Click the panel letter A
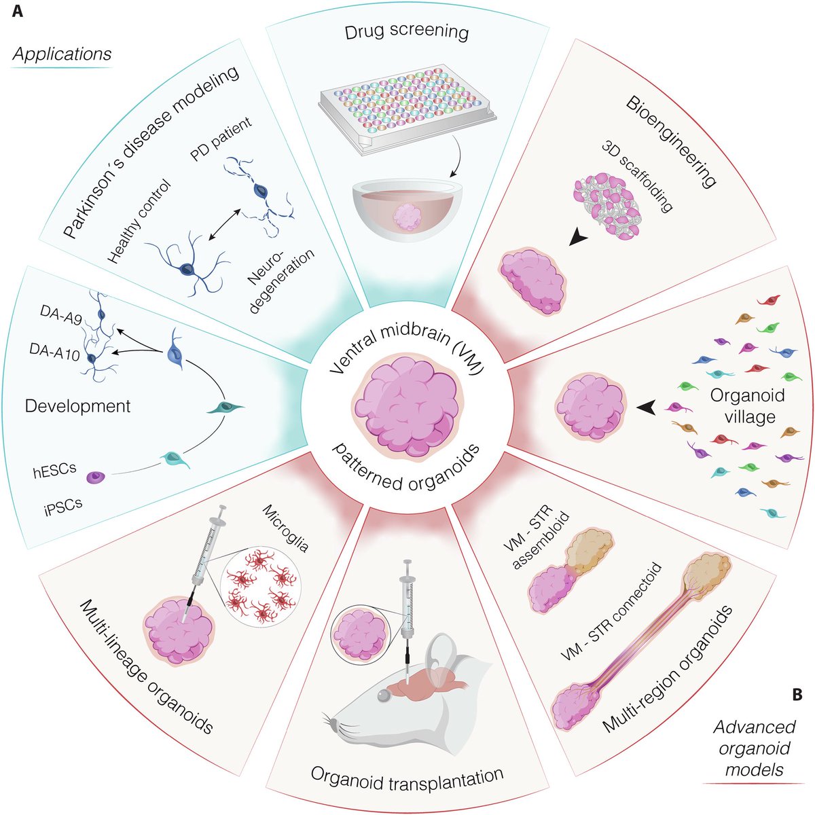point(18,11)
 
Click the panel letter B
point(797,694)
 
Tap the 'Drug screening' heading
point(407,32)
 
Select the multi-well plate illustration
point(406,110)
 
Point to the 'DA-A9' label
point(61,314)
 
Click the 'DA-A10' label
point(54,351)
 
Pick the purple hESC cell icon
point(96,477)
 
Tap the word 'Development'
point(78,406)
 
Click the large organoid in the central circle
point(407,406)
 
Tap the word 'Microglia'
point(285,528)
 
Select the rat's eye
point(383,695)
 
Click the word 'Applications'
point(62,54)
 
